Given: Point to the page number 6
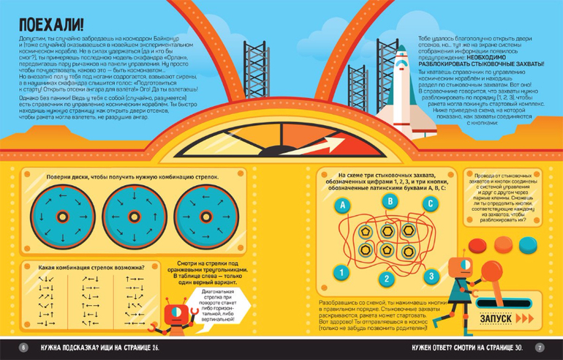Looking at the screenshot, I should [23, 347].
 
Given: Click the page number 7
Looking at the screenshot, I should [540, 347].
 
